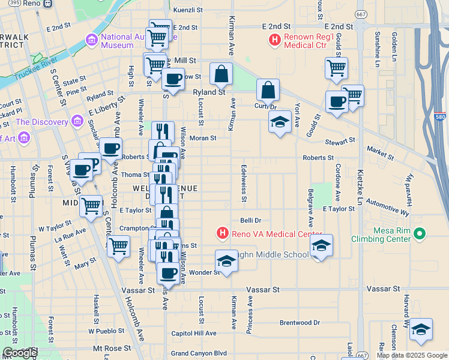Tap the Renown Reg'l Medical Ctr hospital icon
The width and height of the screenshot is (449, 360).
(274, 40)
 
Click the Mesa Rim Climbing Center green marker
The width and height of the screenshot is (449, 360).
(420, 233)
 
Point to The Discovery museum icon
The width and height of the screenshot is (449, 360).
(77, 122)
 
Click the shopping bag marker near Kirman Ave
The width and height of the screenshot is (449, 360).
(221, 74)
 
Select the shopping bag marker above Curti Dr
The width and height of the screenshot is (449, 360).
(268, 91)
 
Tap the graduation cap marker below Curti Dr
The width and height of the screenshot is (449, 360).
(279, 122)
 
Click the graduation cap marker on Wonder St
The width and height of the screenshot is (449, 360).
(226, 261)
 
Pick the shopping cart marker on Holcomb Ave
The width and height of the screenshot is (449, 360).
(118, 245)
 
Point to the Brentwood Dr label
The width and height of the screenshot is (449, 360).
(300, 323)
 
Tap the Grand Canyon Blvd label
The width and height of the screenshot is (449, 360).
(199, 353)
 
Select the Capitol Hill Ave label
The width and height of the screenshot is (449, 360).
(193, 334)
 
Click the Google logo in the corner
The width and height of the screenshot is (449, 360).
(20, 353)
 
